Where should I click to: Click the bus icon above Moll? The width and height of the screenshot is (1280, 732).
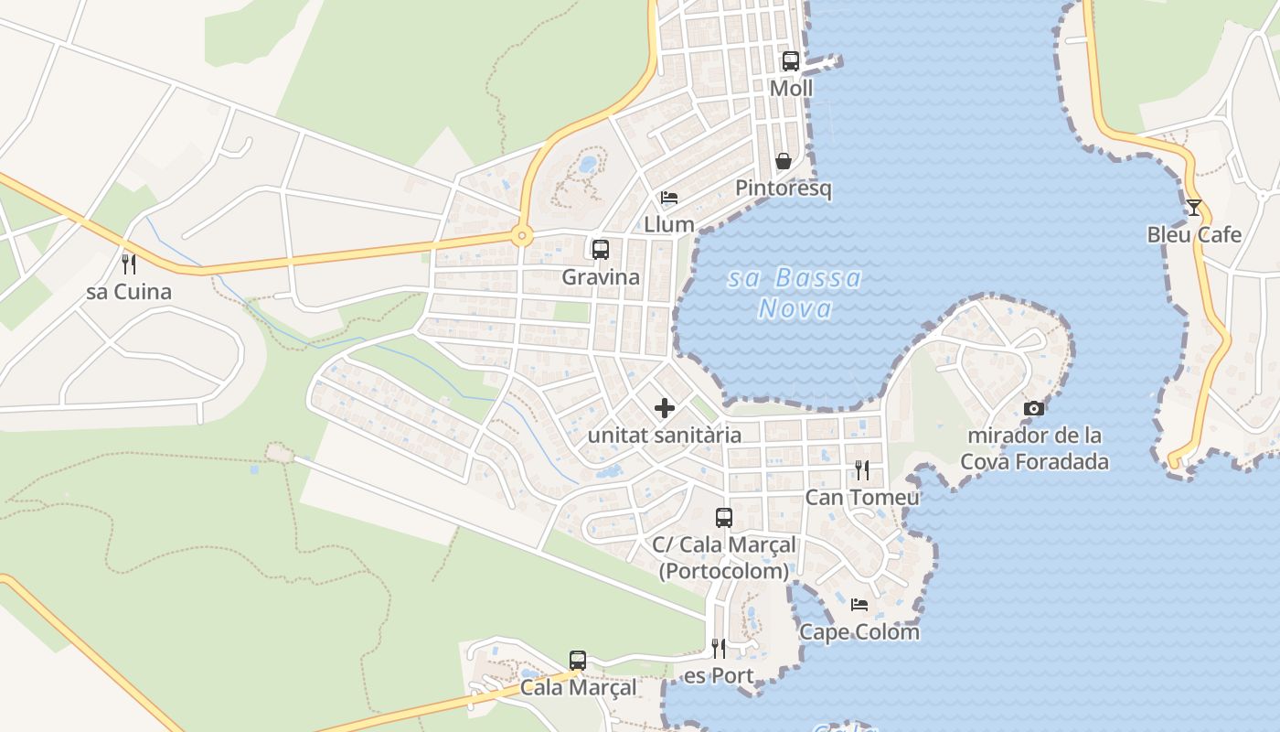pos(790,61)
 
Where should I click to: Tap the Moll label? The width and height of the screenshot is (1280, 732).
pos(791,89)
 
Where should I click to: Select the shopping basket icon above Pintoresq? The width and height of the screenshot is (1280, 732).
pos(784,161)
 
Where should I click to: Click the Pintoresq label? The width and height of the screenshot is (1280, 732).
pos(784,188)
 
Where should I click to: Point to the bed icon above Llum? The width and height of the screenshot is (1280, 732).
pos(669,198)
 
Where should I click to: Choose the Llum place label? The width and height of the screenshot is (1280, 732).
pos(669,224)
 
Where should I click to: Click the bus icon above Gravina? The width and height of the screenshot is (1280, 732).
pos(601,250)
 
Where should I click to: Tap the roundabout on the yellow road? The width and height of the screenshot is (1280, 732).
pos(522,236)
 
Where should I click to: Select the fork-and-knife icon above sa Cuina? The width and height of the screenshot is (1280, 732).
pos(129,264)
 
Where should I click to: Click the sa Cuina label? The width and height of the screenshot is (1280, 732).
pos(129,292)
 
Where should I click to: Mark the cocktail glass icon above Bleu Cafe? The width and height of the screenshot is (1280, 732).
pos(1193,208)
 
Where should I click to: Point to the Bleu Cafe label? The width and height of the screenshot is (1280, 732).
pos(1194,234)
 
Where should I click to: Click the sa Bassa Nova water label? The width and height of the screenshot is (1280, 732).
pos(795,293)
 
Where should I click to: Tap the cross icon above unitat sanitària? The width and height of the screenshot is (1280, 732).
pos(665,408)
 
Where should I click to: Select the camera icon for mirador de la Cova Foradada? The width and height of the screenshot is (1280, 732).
pos(1034,408)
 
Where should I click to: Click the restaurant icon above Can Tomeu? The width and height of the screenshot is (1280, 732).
pos(862,470)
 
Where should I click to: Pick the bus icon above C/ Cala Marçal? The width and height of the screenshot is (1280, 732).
pos(724,518)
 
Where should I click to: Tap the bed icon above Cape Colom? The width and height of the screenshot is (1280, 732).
pos(859,605)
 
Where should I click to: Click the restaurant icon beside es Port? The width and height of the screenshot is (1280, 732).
pos(719,649)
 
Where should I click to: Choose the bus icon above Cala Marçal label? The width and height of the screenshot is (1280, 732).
pos(578,661)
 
